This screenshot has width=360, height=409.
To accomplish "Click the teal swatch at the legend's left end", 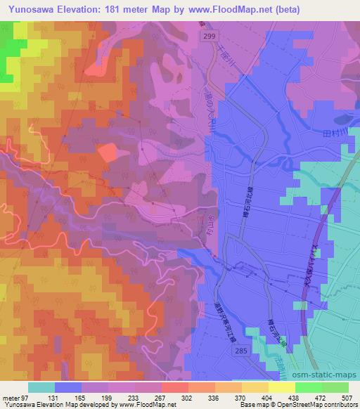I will click(x=41, y=387).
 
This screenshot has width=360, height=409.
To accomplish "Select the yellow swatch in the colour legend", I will click(x=281, y=387).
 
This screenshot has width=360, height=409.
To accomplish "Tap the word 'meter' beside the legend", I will click(x=11, y=397).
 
